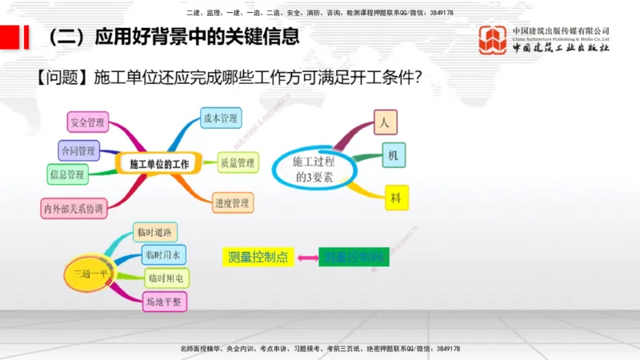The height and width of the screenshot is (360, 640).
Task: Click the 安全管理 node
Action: tap(88, 122)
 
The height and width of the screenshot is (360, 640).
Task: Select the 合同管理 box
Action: tap(78, 150)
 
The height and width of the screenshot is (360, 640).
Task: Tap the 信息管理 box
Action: tap(67, 173)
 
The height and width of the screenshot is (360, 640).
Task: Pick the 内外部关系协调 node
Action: tap(74, 209)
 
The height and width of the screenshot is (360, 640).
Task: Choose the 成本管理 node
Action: tap(221, 118)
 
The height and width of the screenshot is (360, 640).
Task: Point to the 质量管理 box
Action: tap(238, 163)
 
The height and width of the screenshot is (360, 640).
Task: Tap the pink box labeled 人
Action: tap(385, 122)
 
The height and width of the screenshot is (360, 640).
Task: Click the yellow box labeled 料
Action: tap(395, 196)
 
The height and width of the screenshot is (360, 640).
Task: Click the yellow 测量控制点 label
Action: tap(258, 257)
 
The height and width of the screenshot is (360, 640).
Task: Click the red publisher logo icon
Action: tap(493, 39)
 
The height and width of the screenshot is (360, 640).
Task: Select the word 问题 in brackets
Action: tap(61, 78)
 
